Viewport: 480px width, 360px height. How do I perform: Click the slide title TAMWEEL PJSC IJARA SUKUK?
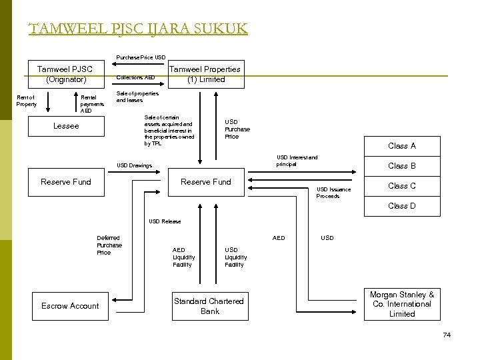(138, 29)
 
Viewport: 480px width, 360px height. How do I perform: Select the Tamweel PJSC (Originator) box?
(65, 74)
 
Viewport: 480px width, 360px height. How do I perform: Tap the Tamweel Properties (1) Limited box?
(205, 74)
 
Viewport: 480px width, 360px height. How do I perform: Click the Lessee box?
(65, 126)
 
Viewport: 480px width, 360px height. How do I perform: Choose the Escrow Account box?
(70, 306)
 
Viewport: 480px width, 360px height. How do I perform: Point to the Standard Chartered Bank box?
(209, 306)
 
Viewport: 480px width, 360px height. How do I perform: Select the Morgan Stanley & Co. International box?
(402, 304)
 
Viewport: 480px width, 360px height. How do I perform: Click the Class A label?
(402, 146)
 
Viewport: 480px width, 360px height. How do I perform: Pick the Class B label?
(402, 166)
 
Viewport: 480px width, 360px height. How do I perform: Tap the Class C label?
(402, 186)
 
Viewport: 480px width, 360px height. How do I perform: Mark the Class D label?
(402, 206)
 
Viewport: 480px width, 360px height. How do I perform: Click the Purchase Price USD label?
(141, 57)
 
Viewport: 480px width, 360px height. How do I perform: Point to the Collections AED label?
(135, 77)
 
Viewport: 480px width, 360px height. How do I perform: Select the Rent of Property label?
(27, 101)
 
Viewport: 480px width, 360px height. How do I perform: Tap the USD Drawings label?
(134, 165)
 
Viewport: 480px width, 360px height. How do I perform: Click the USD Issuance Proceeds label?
(333, 193)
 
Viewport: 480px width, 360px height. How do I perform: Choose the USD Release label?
(165, 221)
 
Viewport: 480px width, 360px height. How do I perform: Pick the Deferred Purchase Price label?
(109, 245)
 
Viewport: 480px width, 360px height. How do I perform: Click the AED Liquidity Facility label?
(184, 257)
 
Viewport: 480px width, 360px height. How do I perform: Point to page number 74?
(447, 335)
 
